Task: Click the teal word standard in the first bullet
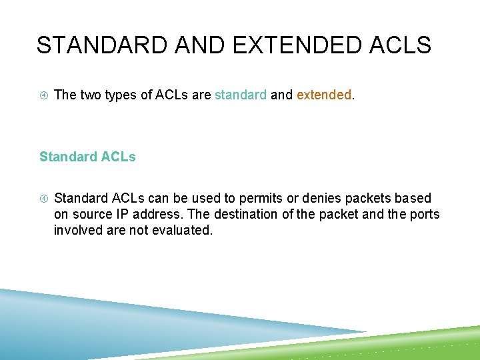(240, 95)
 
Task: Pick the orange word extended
(323, 95)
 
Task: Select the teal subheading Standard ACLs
(87, 157)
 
